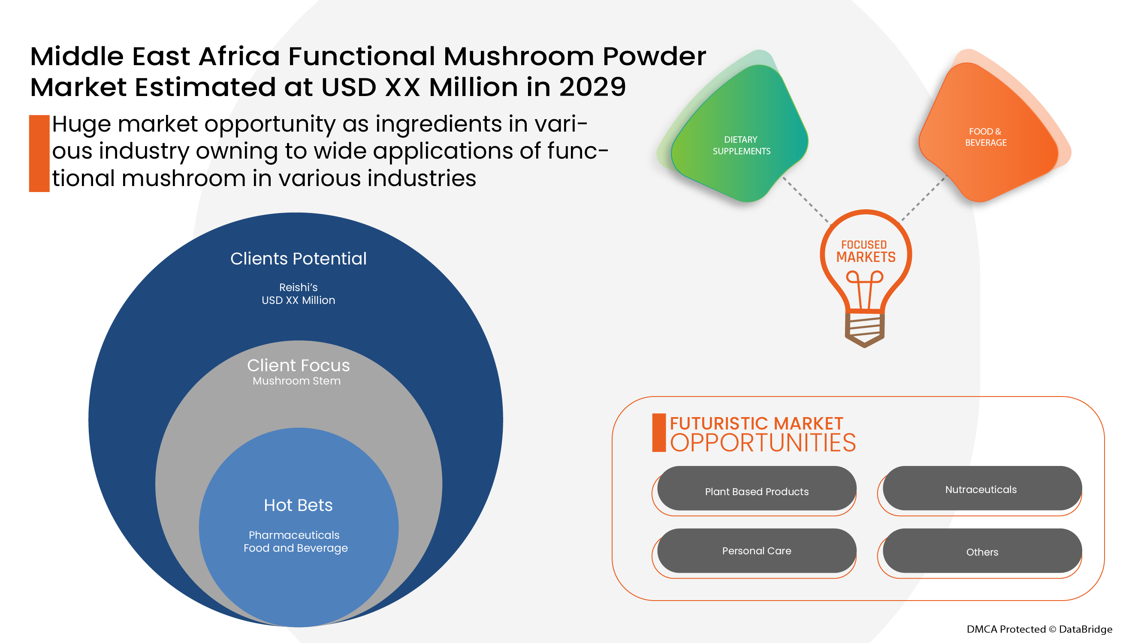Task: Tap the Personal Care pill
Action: click(x=756, y=550)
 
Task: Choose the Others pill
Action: click(x=981, y=552)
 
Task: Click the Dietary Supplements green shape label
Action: click(x=741, y=145)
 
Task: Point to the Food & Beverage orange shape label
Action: click(x=985, y=137)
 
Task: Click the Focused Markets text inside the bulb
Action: click(x=865, y=251)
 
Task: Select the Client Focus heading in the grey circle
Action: click(x=298, y=365)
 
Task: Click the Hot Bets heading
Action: click(x=298, y=505)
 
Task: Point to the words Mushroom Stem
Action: click(x=296, y=381)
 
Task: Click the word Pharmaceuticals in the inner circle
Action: click(x=293, y=535)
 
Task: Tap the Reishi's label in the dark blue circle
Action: click(x=298, y=287)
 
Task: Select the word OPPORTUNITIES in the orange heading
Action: click(x=763, y=443)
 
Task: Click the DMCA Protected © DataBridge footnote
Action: click(x=1039, y=629)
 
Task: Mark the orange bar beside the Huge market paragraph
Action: click(x=39, y=153)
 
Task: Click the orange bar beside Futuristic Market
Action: click(x=658, y=433)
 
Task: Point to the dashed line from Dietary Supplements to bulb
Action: click(x=805, y=200)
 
